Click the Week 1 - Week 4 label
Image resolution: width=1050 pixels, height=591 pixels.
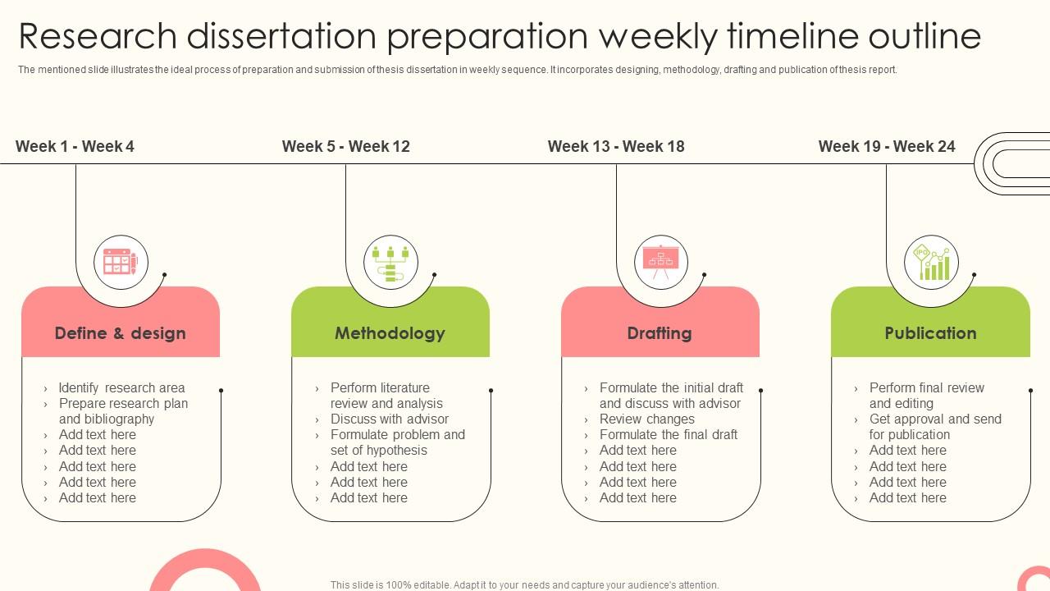75,146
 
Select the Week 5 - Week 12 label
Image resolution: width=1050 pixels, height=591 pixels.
345,146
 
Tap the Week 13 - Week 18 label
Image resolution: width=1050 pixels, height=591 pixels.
615,146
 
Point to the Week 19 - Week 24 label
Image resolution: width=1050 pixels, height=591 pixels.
886,146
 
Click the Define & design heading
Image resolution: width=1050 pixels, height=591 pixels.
121,333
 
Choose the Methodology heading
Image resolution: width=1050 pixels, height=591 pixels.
390,333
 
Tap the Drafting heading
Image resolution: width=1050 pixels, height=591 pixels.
660,333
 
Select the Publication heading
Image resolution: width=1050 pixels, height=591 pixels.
930,333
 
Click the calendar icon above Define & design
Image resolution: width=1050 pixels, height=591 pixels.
121,263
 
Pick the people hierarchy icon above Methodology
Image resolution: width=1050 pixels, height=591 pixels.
390,263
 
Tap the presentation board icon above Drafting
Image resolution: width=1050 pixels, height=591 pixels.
660,263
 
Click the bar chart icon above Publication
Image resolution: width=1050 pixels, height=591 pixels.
931,263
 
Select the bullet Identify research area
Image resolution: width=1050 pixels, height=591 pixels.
121,387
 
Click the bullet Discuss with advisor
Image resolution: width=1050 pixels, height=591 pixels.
389,419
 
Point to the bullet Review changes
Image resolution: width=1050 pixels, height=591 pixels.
646,419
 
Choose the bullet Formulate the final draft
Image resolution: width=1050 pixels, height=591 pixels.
668,435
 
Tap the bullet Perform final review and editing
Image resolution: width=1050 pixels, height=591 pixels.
926,396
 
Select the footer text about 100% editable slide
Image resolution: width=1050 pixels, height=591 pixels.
524,585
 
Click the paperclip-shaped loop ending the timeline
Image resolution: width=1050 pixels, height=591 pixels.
1014,163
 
